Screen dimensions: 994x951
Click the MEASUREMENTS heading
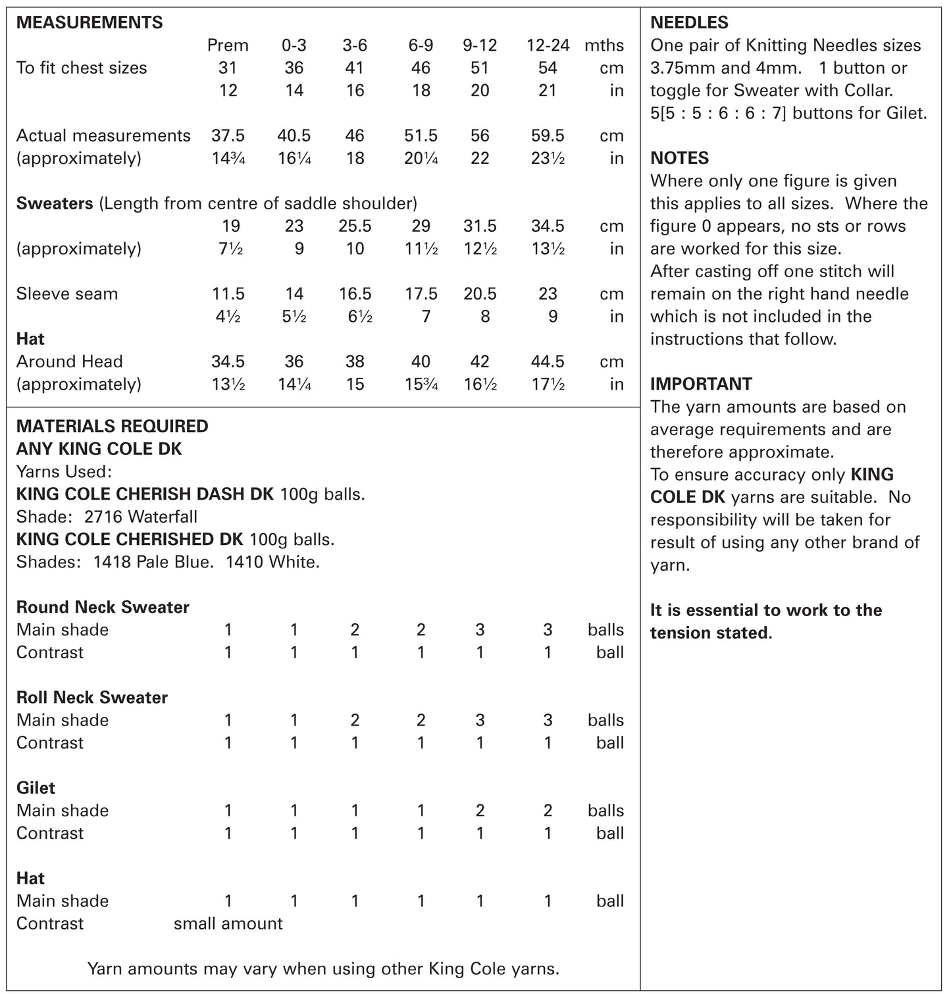(89, 22)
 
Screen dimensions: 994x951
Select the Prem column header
(228, 45)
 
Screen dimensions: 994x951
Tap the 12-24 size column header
(548, 45)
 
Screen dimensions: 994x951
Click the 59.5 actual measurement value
(548, 136)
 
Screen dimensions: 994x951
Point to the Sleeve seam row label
(67, 294)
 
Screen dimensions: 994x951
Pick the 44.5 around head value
(548, 361)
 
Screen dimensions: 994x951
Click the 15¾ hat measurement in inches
(421, 384)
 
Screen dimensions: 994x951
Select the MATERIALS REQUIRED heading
(112, 426)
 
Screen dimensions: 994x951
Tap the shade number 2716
(104, 517)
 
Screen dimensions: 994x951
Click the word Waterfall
(163, 517)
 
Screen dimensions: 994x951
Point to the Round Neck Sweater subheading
(103, 607)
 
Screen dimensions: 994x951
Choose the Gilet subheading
(36, 788)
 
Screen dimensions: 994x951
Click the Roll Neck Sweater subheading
(92, 697)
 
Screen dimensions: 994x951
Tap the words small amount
(228, 924)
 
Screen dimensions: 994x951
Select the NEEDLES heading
(689, 22)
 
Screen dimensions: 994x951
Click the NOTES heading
(679, 158)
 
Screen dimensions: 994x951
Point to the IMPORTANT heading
(701, 384)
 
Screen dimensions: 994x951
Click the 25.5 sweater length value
(355, 226)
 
